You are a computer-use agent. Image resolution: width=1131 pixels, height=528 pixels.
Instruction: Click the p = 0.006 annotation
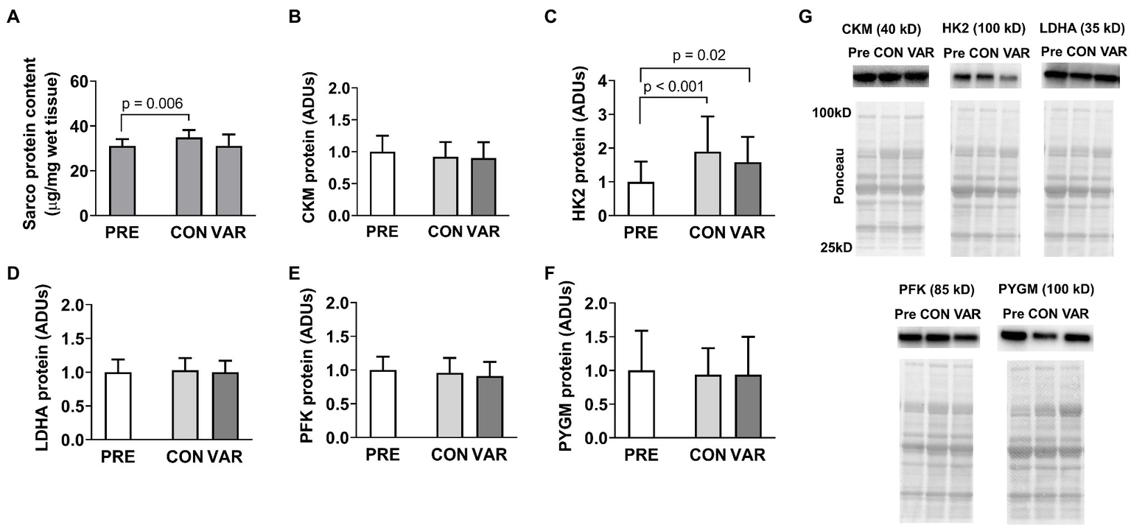point(153,102)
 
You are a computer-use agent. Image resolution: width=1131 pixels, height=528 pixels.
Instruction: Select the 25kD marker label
point(838,248)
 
